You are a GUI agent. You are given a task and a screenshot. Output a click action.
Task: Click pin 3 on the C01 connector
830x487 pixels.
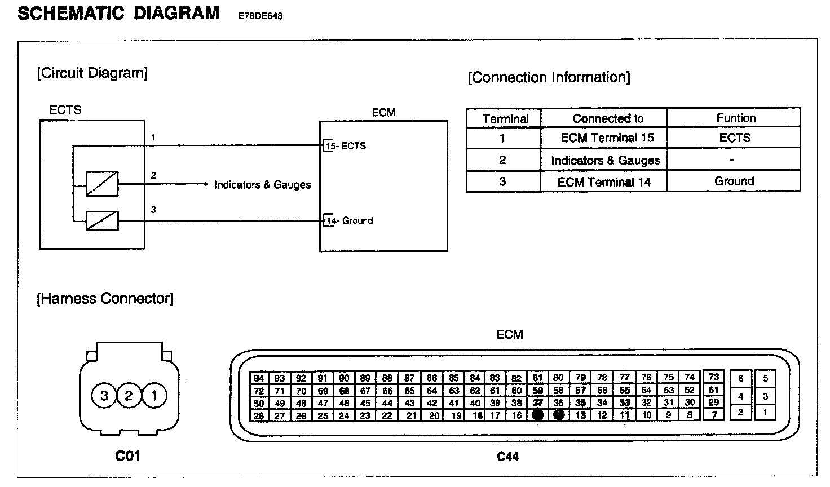(x=104, y=396)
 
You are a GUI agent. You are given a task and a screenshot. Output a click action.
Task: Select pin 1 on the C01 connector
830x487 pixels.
(x=154, y=396)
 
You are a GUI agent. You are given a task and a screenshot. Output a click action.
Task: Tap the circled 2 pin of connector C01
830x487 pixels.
(x=129, y=396)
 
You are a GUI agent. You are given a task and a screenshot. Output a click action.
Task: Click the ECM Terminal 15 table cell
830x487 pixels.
(x=607, y=138)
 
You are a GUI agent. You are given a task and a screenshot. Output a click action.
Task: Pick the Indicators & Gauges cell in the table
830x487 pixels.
(x=605, y=161)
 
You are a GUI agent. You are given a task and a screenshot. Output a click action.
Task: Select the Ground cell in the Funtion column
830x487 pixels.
(x=734, y=181)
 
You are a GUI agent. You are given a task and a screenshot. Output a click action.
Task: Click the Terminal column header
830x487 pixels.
(x=505, y=119)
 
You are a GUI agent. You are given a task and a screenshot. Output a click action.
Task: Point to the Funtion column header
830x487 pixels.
(x=735, y=118)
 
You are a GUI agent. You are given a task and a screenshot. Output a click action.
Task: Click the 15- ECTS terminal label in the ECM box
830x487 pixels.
(x=346, y=146)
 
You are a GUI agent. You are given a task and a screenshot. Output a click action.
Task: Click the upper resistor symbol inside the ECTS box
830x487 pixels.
(x=102, y=184)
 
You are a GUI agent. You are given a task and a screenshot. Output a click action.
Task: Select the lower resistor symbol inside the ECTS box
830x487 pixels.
(x=102, y=220)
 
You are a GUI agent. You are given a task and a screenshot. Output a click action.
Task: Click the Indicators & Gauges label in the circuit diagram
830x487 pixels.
(x=262, y=185)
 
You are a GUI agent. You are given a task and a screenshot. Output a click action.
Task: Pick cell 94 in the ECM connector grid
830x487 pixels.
(x=259, y=378)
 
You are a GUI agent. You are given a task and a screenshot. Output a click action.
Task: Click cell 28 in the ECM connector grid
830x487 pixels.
(x=259, y=416)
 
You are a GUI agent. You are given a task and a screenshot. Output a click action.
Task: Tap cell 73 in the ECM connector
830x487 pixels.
(x=714, y=377)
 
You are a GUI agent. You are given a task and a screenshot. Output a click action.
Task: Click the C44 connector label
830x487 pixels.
(x=507, y=457)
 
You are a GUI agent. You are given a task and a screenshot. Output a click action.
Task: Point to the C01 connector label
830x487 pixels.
(x=127, y=455)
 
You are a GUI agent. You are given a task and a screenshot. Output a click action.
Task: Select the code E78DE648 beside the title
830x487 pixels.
(x=261, y=16)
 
